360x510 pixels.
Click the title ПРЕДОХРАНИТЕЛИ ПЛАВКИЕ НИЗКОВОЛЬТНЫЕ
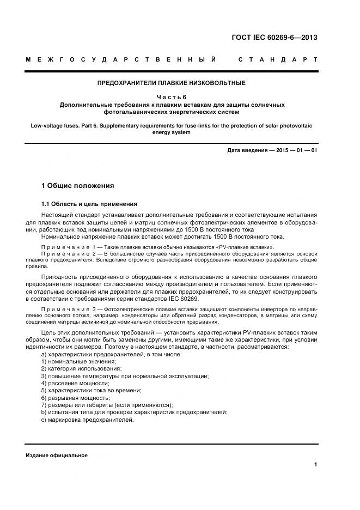point(171,83)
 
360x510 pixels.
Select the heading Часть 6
point(171,97)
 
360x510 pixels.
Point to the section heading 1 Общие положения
point(78,186)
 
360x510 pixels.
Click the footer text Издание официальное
point(56,456)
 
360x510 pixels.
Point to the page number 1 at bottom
point(315,464)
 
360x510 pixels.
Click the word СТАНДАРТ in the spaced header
point(278,59)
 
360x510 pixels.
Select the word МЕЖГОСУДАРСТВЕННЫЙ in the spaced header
point(121,59)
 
